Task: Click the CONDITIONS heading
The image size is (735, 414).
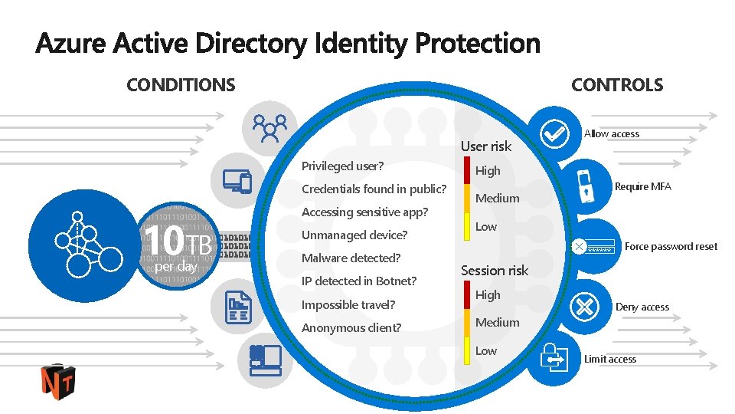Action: pos(181,85)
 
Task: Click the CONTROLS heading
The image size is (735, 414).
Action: pos(617,85)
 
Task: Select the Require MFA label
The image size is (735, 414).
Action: pos(642,186)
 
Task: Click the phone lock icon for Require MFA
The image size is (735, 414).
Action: pos(586,184)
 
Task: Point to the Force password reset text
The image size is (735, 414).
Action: pos(671,246)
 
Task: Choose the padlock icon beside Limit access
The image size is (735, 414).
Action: pos(553,357)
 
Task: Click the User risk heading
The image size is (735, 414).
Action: pos(485,146)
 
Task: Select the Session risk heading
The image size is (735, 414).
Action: pos(495,270)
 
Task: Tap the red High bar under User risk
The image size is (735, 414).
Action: pos(467,171)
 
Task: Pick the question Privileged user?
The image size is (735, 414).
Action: pos(342,166)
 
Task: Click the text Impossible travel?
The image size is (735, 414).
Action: pos(348,304)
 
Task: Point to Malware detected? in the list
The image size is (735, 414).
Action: pos(351,258)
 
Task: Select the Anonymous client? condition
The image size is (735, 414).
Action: pos(351,327)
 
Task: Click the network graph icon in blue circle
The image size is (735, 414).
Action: pos(85,242)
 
